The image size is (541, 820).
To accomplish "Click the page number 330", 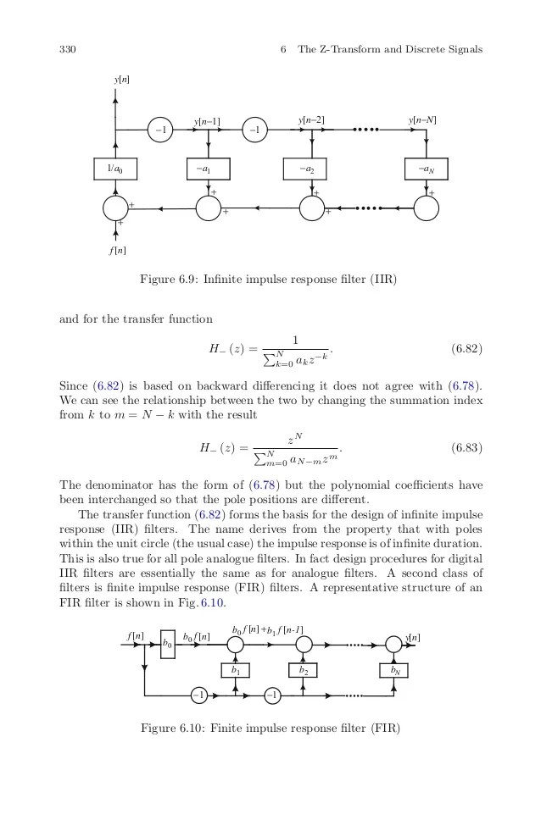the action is click(69, 49).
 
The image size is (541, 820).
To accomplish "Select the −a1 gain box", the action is click(208, 169).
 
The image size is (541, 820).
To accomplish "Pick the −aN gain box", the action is click(425, 169).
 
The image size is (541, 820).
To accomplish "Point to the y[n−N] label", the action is click(422, 121).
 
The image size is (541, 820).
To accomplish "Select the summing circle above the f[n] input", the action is click(114, 208).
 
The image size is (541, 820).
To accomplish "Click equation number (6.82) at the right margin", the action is click(466, 348).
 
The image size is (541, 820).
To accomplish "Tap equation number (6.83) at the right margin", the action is click(466, 448).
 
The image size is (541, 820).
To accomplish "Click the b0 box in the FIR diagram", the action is click(167, 645).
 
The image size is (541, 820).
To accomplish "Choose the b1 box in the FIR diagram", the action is click(236, 670).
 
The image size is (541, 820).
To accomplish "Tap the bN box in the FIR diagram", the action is click(393, 670).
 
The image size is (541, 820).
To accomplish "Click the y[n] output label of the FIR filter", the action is click(413, 636).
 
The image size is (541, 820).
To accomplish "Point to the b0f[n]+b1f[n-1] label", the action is click(267, 629).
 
